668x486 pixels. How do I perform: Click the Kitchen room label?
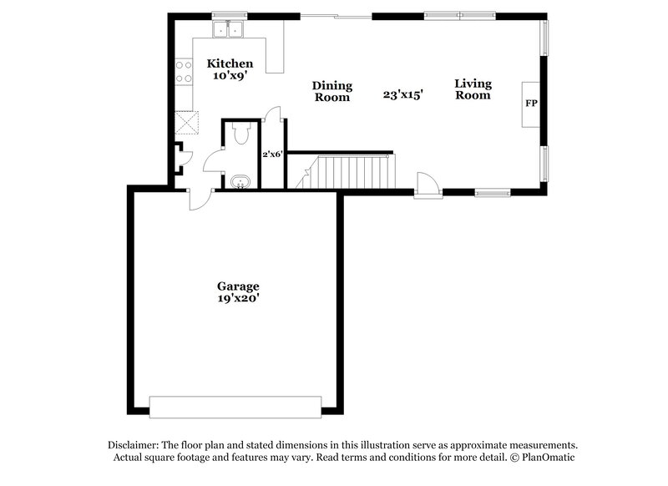(230, 63)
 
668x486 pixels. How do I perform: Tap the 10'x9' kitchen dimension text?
(230, 76)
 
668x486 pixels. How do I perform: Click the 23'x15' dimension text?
(403, 95)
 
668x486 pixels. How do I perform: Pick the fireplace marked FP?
(530, 104)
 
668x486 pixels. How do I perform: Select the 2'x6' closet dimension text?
(273, 154)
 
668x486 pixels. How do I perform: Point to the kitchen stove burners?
(183, 73)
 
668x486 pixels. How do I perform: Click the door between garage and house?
(200, 199)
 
